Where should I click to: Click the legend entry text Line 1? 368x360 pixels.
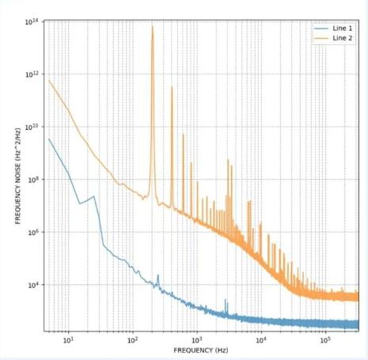coord(341,27)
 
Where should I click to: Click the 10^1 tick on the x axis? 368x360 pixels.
coord(69,340)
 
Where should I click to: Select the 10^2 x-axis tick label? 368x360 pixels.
coord(133,340)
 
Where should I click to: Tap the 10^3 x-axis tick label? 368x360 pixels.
coord(197,340)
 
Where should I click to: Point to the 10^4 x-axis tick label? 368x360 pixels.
coord(261,340)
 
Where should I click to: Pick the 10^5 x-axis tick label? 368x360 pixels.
coord(325,340)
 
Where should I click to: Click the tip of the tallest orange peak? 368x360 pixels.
coord(153,26)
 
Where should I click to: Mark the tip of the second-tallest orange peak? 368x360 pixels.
coord(172,87)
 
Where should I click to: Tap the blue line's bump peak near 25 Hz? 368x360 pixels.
coord(94,196)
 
